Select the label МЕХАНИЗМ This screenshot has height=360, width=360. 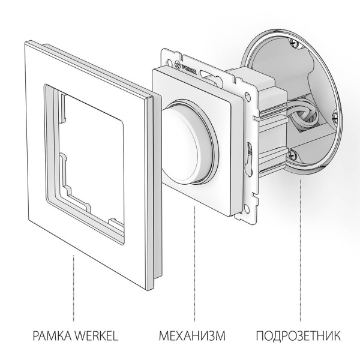(193, 334)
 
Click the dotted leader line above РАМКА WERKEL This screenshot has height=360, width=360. (74, 288)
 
